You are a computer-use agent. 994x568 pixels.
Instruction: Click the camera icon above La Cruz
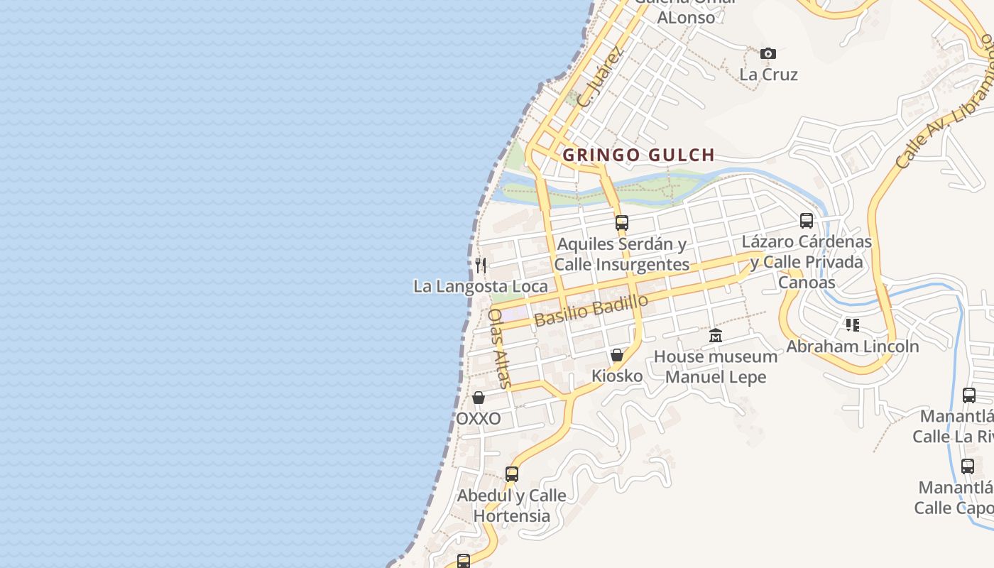point(768,53)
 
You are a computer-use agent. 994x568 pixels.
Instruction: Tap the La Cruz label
point(768,75)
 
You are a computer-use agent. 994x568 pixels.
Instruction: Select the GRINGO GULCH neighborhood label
point(638,155)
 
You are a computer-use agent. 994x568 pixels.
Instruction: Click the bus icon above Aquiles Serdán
point(622,223)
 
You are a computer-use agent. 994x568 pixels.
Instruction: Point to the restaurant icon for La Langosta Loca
point(481,266)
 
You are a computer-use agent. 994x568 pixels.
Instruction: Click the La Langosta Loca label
point(481,286)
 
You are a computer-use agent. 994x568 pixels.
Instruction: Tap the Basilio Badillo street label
point(591,310)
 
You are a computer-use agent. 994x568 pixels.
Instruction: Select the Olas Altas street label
point(499,348)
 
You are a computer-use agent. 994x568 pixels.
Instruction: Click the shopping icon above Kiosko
point(617,355)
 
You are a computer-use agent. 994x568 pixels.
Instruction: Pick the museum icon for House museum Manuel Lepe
point(716,336)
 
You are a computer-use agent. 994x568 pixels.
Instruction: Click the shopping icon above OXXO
point(479,398)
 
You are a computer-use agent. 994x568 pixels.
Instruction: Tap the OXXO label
point(479,419)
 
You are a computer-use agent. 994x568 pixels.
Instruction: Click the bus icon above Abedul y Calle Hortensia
point(511,474)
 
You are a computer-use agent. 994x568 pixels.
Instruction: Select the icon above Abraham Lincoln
point(852,325)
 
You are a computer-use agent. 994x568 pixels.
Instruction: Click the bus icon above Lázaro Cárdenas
point(807,221)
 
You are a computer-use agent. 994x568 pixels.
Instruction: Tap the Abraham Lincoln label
point(852,346)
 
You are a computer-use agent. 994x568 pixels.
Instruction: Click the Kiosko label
point(617,376)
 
